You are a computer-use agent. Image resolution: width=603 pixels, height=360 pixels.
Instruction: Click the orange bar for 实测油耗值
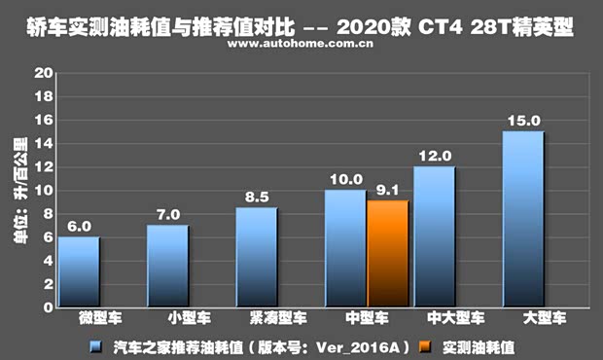click(387, 254)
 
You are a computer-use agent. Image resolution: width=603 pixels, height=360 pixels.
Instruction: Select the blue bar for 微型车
click(78, 271)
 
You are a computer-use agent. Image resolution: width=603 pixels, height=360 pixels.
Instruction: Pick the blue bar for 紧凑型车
click(256, 257)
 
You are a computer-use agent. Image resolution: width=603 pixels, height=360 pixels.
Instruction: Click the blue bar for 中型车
click(345, 248)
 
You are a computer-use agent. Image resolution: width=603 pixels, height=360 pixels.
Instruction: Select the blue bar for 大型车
click(522, 219)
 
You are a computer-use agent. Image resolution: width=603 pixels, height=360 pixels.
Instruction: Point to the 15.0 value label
click(522, 122)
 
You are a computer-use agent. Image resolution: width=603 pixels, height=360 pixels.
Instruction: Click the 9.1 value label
click(387, 191)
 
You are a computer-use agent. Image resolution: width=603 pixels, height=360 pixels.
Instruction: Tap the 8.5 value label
click(256, 198)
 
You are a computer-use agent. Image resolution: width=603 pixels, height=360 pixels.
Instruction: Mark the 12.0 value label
click(434, 156)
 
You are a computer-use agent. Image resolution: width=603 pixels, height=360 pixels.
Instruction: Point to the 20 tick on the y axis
click(42, 74)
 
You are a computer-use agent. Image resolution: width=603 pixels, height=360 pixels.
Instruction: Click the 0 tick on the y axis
click(46, 307)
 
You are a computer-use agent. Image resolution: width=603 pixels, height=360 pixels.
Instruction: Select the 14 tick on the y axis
click(42, 144)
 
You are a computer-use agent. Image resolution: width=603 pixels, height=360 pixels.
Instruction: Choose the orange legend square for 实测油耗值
click(426, 345)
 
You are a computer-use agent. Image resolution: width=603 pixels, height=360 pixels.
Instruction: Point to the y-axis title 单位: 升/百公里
click(18, 191)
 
